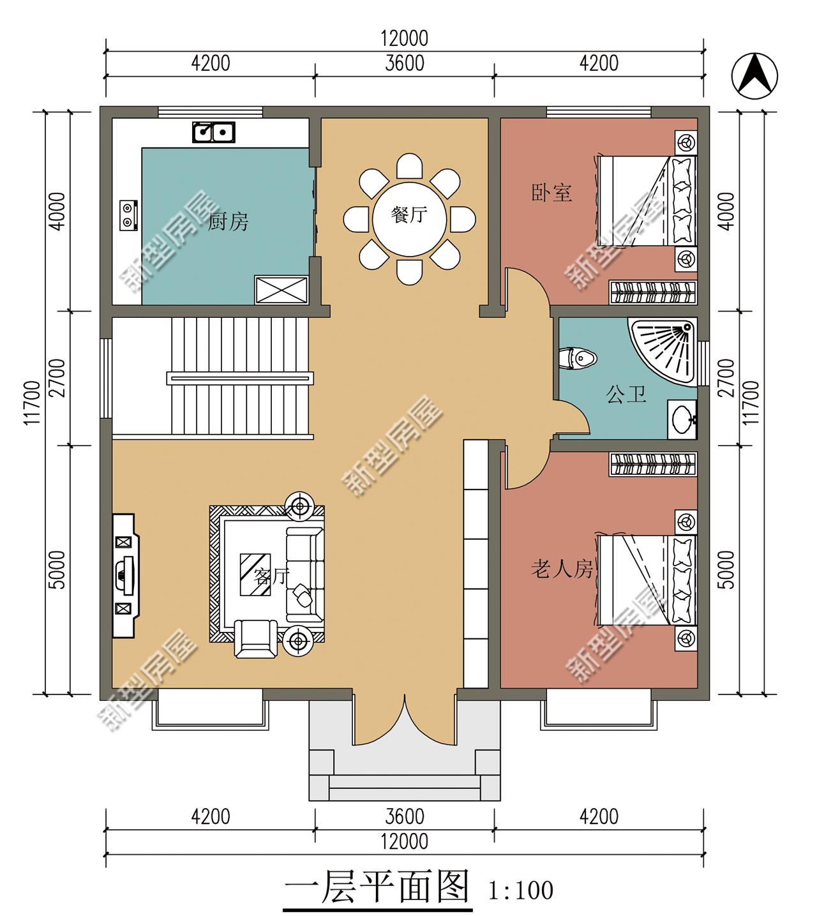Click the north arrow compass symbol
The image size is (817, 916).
[x=754, y=76]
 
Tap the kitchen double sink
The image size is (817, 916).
[x=214, y=132]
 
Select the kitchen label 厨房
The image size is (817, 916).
[x=228, y=221]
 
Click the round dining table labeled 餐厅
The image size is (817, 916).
[x=409, y=220]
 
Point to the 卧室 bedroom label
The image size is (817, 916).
[x=551, y=193]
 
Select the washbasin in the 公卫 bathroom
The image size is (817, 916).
[x=683, y=419]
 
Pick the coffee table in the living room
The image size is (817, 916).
[x=255, y=574]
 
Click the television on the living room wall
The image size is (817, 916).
[x=125, y=575]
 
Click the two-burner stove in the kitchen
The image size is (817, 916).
[x=128, y=215]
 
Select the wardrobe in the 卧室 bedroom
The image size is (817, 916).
[x=653, y=292]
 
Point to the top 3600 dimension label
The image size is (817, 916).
[x=405, y=63]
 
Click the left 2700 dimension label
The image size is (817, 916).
[x=57, y=378]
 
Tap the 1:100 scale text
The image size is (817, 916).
[x=520, y=890]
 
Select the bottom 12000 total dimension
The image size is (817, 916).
[x=404, y=841]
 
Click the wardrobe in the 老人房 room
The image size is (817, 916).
[x=653, y=464]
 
